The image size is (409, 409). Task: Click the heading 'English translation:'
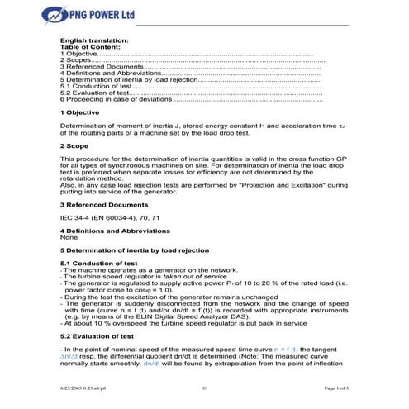(94, 40)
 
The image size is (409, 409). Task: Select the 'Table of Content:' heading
(90, 47)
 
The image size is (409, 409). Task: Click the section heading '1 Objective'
(80, 111)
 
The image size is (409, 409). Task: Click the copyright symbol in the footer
(203, 387)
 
